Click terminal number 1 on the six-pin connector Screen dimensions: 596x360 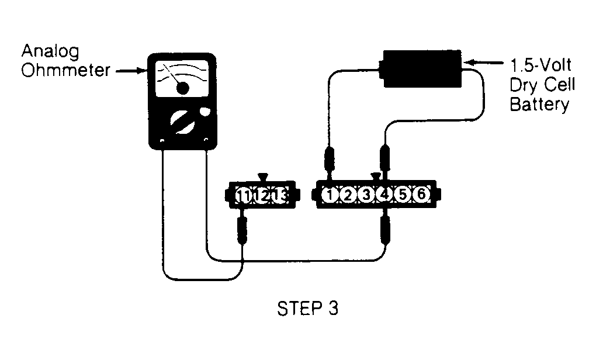click(330, 195)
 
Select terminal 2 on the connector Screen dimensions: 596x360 click(348, 195)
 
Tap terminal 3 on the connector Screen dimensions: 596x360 click(366, 195)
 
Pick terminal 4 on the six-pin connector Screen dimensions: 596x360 click(384, 195)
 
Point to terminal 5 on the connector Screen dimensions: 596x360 click(403, 195)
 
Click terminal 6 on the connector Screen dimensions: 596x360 click(421, 195)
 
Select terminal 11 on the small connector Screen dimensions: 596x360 click(243, 196)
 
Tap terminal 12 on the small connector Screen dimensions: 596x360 click(262, 196)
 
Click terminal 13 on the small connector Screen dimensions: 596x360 click(280, 196)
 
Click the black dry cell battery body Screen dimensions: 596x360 click(422, 69)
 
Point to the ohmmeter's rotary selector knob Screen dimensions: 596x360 click(182, 122)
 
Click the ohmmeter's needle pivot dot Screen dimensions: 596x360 click(182, 88)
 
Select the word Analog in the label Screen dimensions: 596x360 click(50, 51)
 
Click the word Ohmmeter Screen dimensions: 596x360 click(65, 70)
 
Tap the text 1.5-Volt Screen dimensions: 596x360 click(540, 65)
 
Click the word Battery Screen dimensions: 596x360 click(539, 105)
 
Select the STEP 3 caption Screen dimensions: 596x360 click(307, 309)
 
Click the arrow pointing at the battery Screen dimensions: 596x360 click(482, 63)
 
